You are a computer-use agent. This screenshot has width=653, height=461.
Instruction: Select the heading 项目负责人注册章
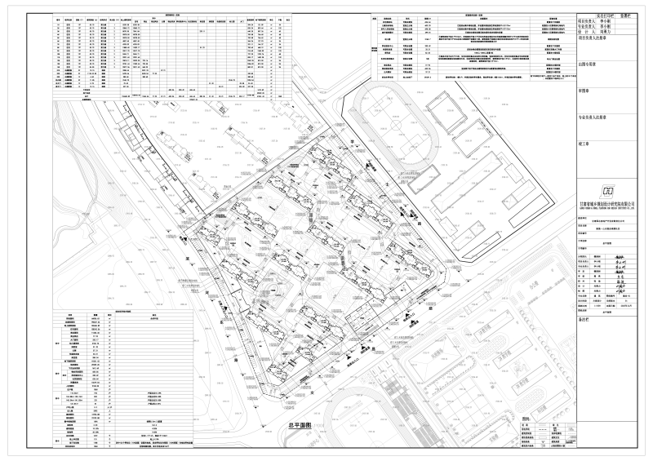596,38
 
